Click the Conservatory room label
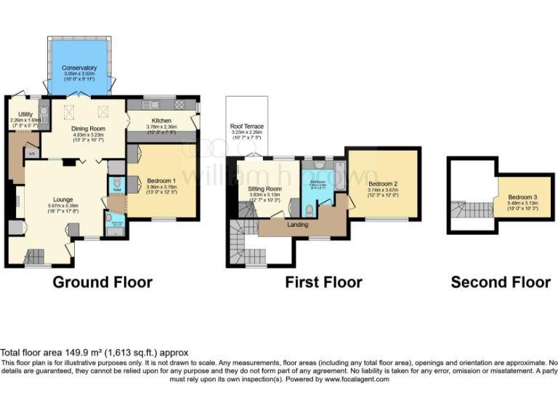(x=79, y=68)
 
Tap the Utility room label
(x=25, y=114)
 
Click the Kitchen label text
(x=161, y=120)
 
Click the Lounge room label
(x=63, y=199)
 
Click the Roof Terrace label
(x=246, y=127)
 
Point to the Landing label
(x=298, y=225)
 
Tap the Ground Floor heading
(x=102, y=282)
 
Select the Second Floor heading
(x=501, y=282)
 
